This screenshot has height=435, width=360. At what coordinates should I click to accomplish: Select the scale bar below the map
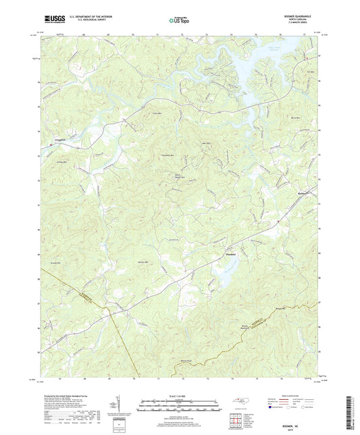click(179, 407)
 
